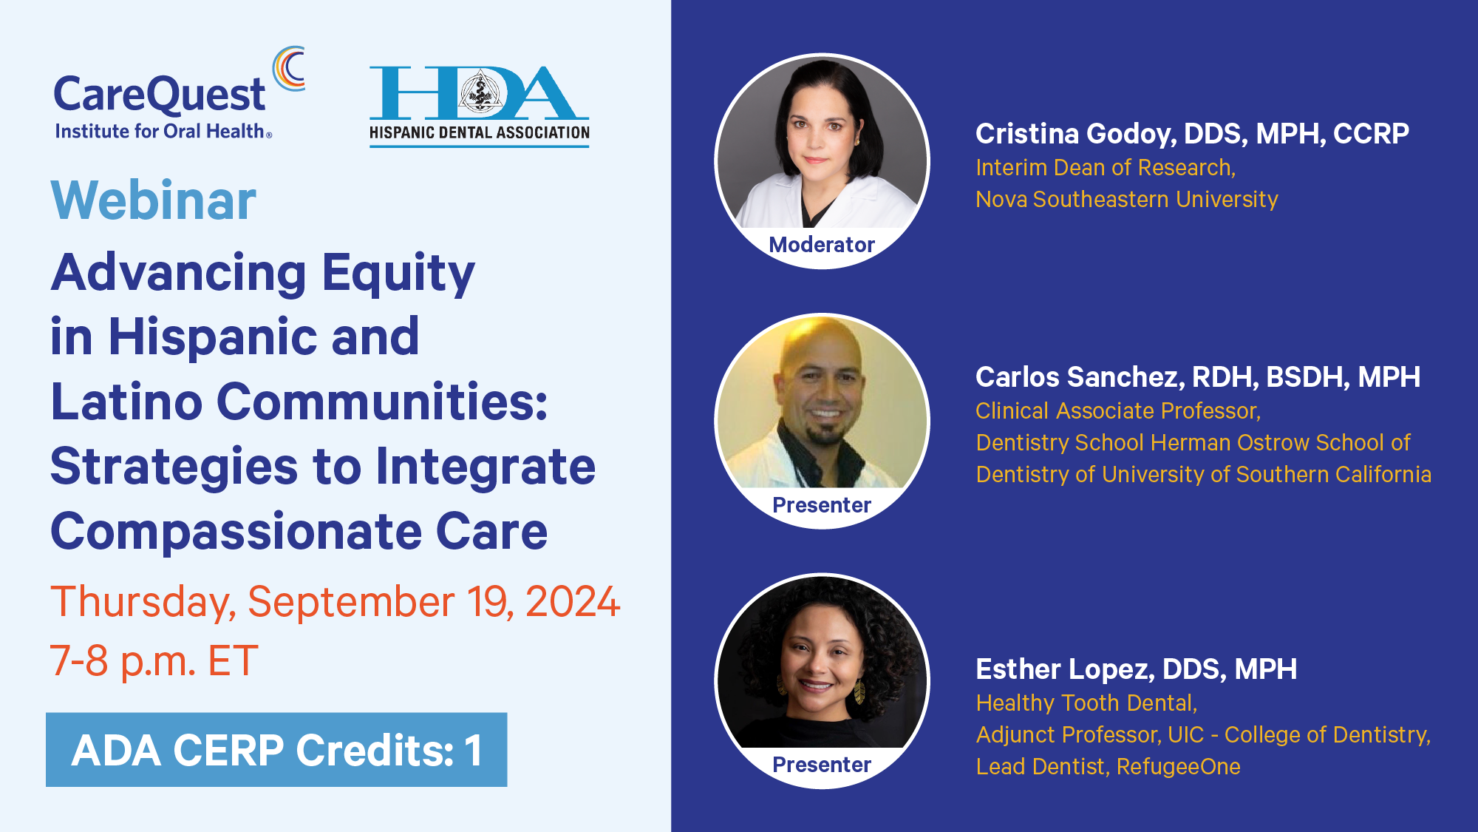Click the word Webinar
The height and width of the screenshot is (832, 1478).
click(154, 200)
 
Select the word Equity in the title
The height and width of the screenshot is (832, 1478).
click(398, 274)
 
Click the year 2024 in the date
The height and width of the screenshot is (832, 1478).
click(573, 601)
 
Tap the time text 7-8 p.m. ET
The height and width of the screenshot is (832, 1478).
click(154, 660)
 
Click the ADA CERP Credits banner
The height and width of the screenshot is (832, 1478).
click(276, 750)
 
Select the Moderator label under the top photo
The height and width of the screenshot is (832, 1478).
click(822, 245)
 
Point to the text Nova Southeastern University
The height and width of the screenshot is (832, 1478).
click(1127, 200)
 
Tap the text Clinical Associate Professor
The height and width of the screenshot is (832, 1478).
click(1118, 411)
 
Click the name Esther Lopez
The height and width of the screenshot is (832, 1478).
click(1063, 669)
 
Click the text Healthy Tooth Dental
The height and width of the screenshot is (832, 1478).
click(1086, 703)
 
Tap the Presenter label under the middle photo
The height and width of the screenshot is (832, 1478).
click(822, 505)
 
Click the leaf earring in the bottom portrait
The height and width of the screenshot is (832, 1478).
click(859, 691)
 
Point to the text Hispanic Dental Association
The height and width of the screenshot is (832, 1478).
click(480, 133)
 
